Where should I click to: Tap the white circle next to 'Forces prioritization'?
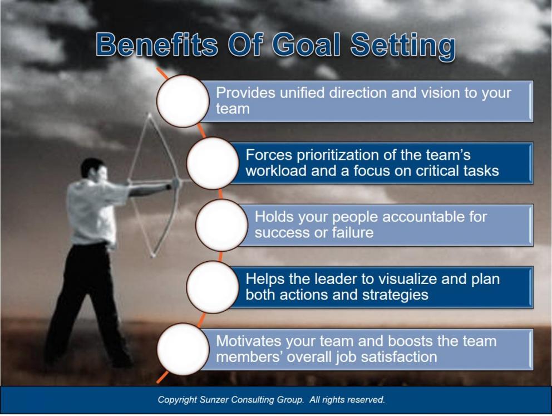click(x=212, y=163)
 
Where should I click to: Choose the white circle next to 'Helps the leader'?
click(x=212, y=287)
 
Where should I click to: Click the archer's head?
click(x=92, y=169)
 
